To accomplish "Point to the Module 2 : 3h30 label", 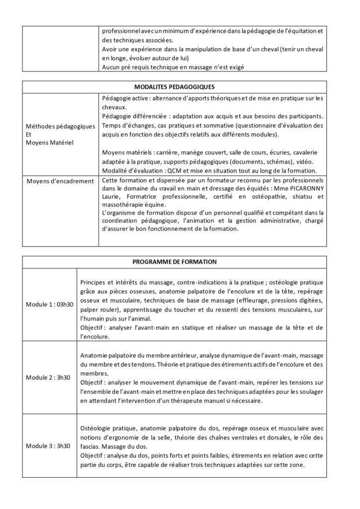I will [x=48, y=377].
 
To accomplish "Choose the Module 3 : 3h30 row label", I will [x=48, y=446].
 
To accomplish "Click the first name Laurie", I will [x=110, y=197].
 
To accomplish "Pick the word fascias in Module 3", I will [x=90, y=446].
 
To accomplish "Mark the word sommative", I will [x=209, y=126].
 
